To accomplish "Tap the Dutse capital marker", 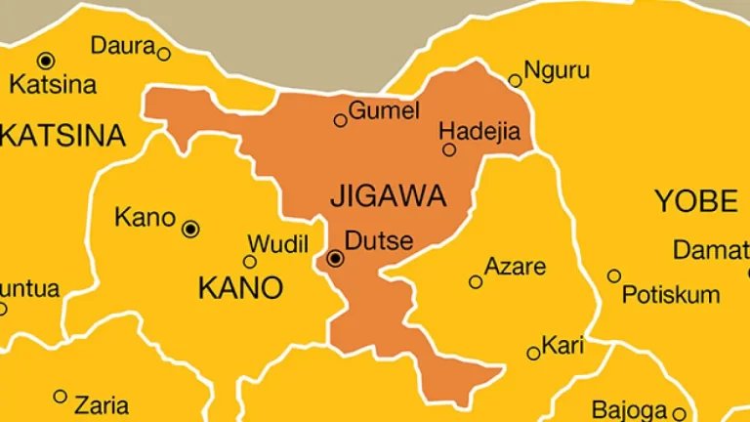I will [336, 259].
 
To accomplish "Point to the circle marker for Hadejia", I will [449, 149].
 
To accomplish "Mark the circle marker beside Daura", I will [163, 55].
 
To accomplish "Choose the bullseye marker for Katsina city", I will [45, 61].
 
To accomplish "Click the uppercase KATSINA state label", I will [62, 136].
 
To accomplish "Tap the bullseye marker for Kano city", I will [191, 229].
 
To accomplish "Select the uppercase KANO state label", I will [240, 288].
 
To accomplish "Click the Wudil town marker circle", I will [250, 261].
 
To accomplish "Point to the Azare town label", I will [515, 267].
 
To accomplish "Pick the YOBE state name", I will [695, 202].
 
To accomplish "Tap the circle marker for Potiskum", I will [613, 276].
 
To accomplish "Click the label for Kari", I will [562, 346].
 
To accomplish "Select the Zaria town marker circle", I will [61, 397].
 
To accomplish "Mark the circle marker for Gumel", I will [340, 121].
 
